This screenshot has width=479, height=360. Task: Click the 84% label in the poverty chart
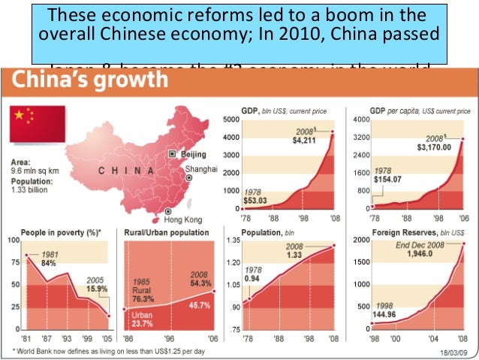pos(48,262)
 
